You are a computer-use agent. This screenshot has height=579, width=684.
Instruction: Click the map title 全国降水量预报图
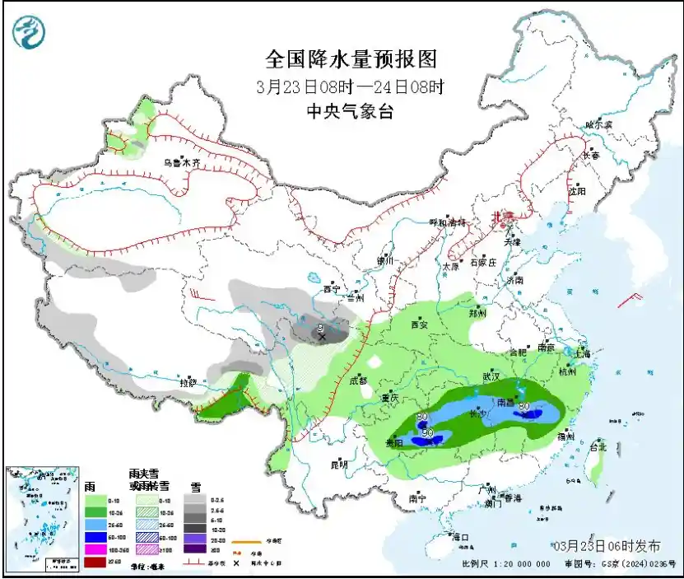point(350,59)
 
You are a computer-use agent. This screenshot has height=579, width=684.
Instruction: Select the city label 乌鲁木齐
point(181,163)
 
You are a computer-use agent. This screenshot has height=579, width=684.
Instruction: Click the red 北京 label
point(501,217)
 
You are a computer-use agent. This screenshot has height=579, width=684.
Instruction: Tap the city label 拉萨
point(188,383)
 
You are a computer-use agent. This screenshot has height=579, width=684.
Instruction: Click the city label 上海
point(584,353)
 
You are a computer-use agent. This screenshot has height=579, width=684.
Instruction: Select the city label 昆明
point(339,465)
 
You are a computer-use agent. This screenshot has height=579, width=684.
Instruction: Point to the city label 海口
point(460,537)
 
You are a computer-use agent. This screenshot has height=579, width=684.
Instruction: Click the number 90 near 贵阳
point(427,432)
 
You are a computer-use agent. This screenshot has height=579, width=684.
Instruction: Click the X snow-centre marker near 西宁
point(322,337)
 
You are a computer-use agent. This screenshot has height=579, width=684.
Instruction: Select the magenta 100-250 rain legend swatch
point(95,549)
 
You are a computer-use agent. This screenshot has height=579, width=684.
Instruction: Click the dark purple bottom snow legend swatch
point(194,549)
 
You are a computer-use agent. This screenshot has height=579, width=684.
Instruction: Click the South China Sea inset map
point(40,517)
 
